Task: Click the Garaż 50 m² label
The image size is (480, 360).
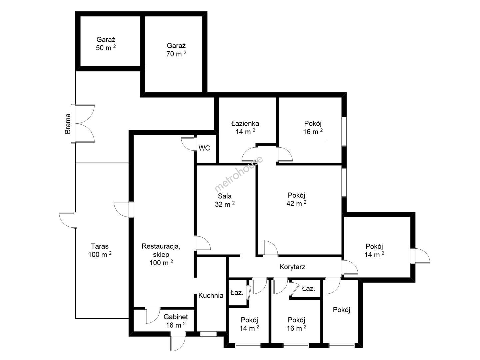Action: point(106,44)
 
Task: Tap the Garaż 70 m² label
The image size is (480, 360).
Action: point(176,50)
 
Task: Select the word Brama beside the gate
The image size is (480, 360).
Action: point(68,123)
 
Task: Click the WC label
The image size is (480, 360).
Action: point(204,148)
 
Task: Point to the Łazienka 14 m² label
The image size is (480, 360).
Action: point(245,128)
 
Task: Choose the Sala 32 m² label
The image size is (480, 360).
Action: point(225,200)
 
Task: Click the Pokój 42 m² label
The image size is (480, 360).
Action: point(296,199)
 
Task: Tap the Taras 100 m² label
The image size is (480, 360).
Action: point(100,250)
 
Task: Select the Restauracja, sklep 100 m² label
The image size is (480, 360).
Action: point(161,254)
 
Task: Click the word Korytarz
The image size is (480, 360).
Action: point(292,267)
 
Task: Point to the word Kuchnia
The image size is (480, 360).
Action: point(211,296)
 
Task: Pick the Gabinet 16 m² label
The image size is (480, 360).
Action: point(176,321)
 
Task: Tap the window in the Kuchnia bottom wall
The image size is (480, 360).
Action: point(208,334)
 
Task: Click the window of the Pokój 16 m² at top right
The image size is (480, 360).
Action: point(344,132)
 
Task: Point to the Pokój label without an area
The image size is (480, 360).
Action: point(341,310)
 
